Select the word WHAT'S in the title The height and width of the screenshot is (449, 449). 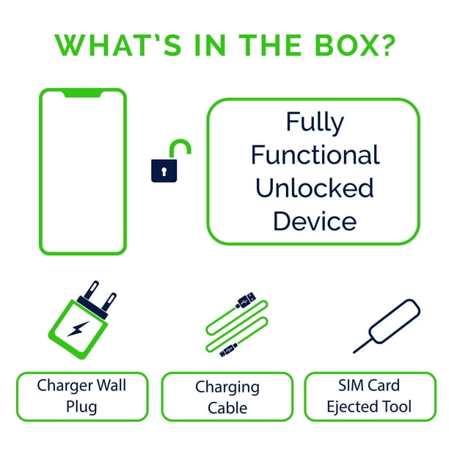(118, 45)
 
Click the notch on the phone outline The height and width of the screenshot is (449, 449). (83, 93)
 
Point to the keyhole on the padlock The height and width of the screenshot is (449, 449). (164, 171)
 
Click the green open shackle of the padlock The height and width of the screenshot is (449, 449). (180, 147)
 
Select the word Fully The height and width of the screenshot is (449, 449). (315, 123)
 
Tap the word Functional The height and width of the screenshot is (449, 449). (315, 155)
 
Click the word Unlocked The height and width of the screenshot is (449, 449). (315, 188)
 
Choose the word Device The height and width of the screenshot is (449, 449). (315, 221)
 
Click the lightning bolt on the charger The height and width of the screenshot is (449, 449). (79, 329)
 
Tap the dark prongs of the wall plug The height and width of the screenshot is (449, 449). (98, 299)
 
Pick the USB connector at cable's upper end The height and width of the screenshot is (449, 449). (246, 300)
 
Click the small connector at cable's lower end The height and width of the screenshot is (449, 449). (228, 350)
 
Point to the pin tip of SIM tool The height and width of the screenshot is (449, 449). (354, 352)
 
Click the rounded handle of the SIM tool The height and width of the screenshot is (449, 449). (395, 321)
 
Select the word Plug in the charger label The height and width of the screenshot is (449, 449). (81, 407)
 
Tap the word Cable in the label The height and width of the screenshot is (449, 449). (227, 408)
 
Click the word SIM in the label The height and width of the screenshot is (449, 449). (348, 385)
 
